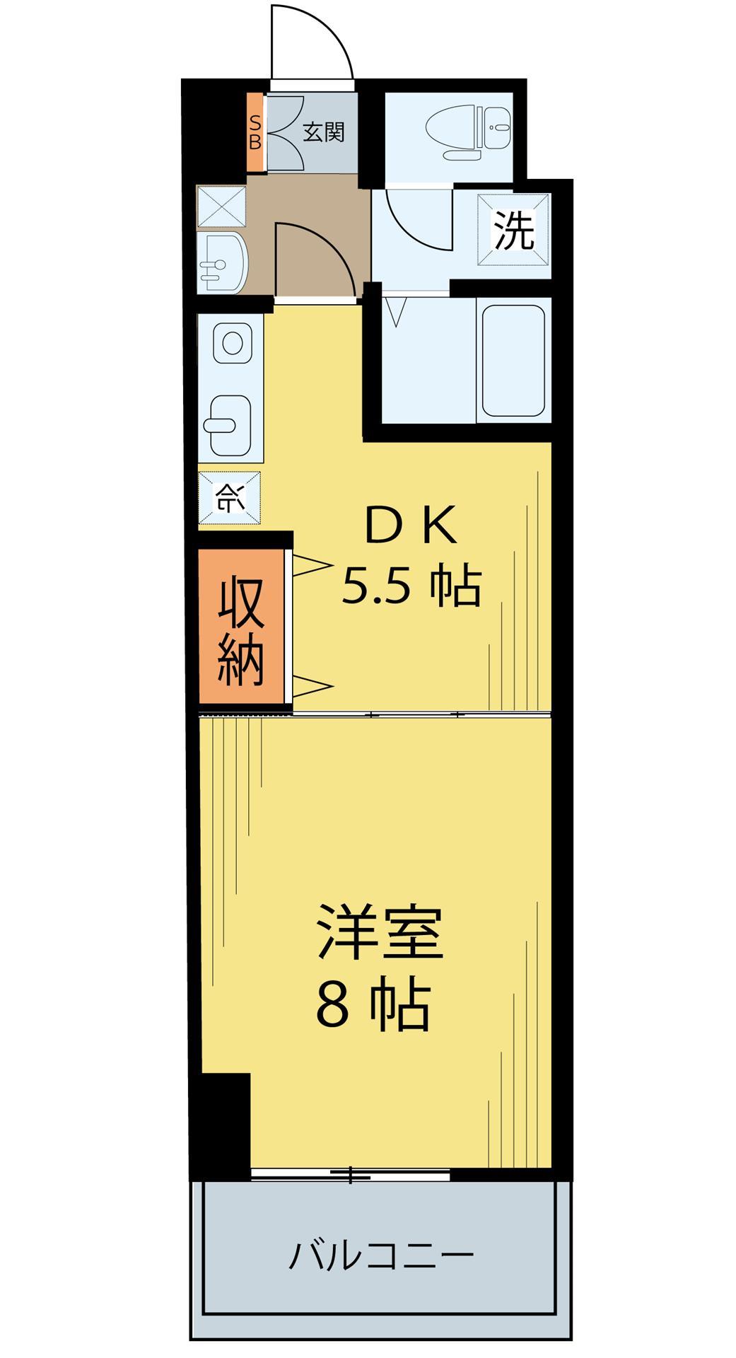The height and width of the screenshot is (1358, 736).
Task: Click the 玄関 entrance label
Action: click(324, 132)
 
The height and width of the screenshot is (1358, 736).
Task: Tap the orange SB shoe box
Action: click(255, 132)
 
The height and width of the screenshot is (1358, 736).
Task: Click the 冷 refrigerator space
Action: click(230, 498)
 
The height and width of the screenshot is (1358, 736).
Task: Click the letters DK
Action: click(410, 526)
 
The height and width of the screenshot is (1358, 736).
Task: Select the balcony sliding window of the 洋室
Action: click(351, 1175)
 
